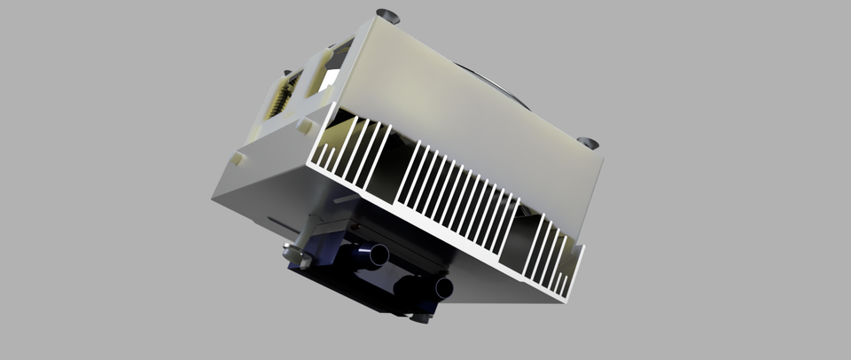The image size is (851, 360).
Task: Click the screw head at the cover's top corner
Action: (x=387, y=14)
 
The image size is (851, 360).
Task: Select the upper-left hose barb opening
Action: (x=379, y=255)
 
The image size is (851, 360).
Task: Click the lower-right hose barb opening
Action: (x=442, y=288)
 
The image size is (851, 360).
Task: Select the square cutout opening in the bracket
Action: (x=325, y=80)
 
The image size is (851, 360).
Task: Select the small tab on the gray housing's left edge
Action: (x=239, y=160)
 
